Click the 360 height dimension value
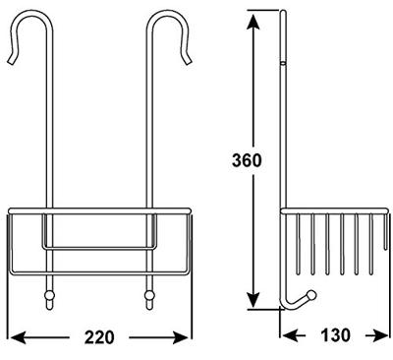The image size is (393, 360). pos(247,161)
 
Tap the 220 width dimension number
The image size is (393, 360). pos(99,337)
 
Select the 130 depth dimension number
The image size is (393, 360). pos(335,335)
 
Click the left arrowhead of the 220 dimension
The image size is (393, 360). pos(19,337)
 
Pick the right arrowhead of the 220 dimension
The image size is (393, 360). pos(182,337)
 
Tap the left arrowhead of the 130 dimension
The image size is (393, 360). pos(290,335)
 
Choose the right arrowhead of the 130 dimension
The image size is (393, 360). pos(381,335)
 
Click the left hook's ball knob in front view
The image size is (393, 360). pos(48,296)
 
